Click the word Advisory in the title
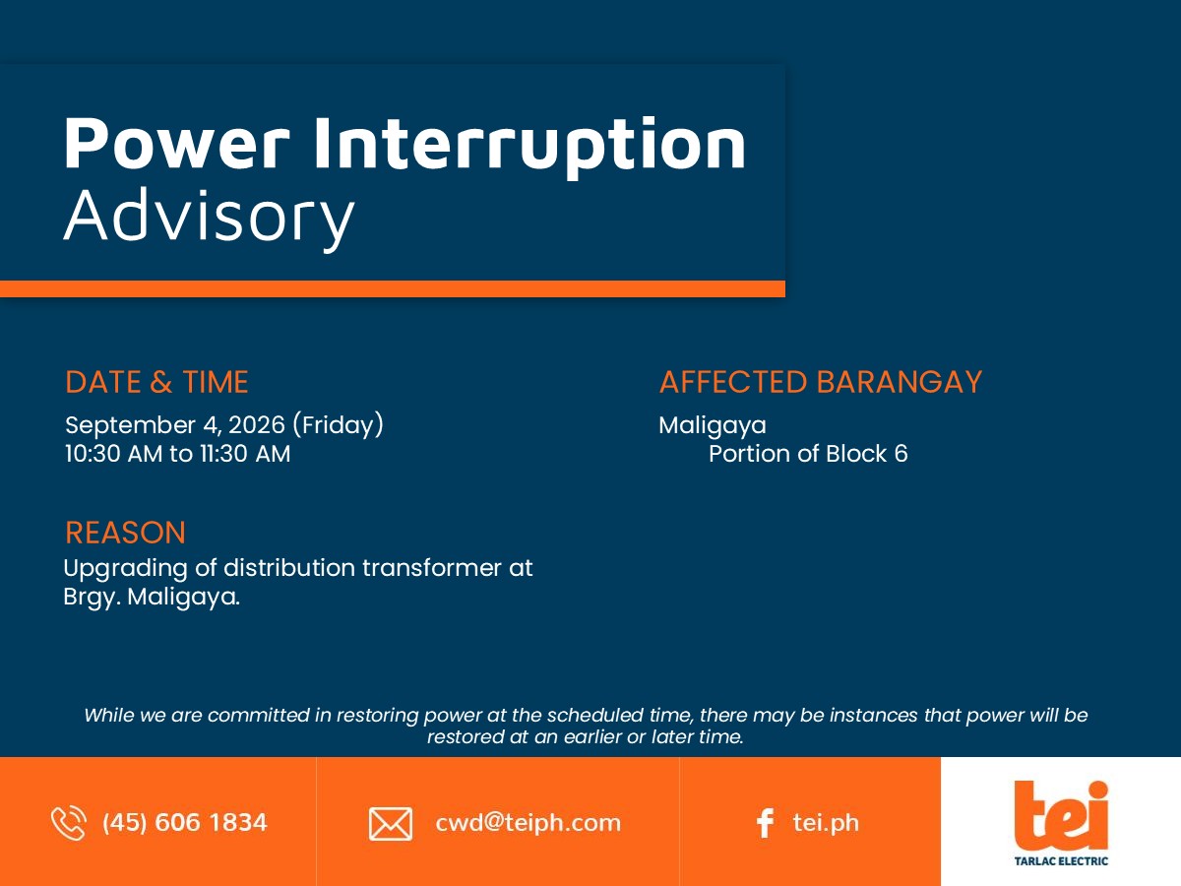click(210, 218)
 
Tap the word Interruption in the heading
click(529, 147)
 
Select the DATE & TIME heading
click(156, 382)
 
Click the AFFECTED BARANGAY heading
click(821, 382)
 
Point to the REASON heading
click(125, 533)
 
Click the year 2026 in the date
click(257, 425)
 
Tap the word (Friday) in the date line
click(338, 425)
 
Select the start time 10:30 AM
click(113, 454)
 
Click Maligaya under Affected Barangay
click(713, 426)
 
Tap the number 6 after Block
click(901, 454)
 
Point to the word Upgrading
click(125, 569)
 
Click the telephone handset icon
click(69, 823)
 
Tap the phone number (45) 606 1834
click(185, 823)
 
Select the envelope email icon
click(391, 824)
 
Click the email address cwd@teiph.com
click(528, 823)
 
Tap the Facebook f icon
click(765, 823)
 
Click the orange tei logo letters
click(1061, 815)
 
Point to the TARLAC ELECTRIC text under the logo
click(1061, 861)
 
